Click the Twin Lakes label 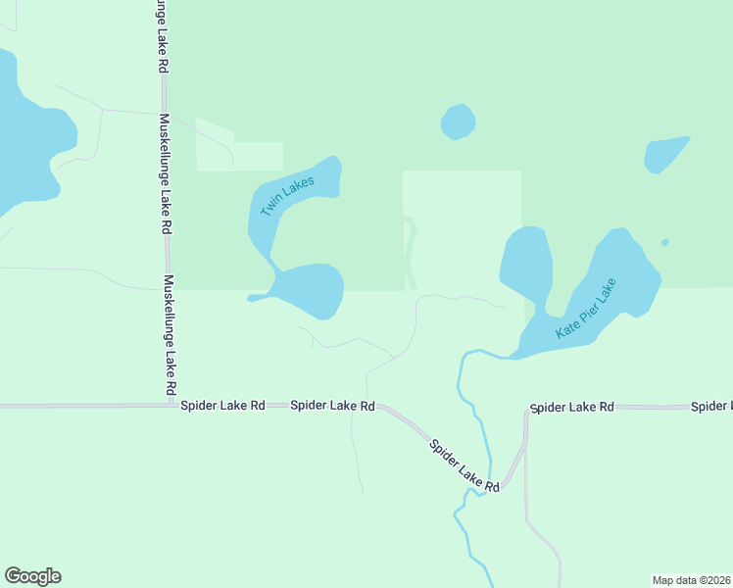coord(287,197)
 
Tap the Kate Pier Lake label coord(585,310)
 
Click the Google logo coord(32,576)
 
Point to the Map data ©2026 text coord(691,579)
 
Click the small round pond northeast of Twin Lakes coord(458,122)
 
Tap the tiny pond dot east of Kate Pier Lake coord(665,242)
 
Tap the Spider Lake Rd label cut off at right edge coord(711,406)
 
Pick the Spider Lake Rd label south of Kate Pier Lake coord(571,407)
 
